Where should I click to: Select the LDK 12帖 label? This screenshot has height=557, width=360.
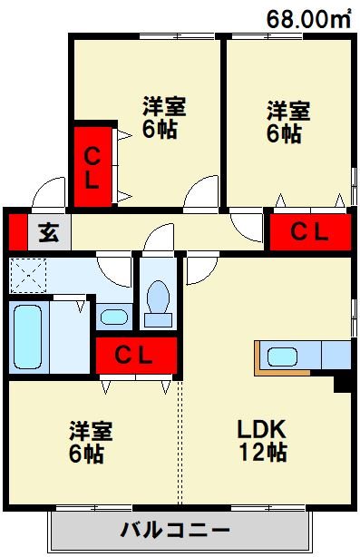click(262, 440)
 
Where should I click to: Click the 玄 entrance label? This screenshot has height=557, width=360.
click(48, 232)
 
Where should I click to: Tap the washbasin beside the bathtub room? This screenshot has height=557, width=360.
click(113, 317)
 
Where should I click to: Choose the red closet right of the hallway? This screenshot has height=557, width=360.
click(309, 232)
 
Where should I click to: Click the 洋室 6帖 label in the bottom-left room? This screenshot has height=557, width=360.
click(87, 440)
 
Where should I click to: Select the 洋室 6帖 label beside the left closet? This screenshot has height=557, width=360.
click(163, 116)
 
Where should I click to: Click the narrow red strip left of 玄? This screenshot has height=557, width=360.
click(15, 232)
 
